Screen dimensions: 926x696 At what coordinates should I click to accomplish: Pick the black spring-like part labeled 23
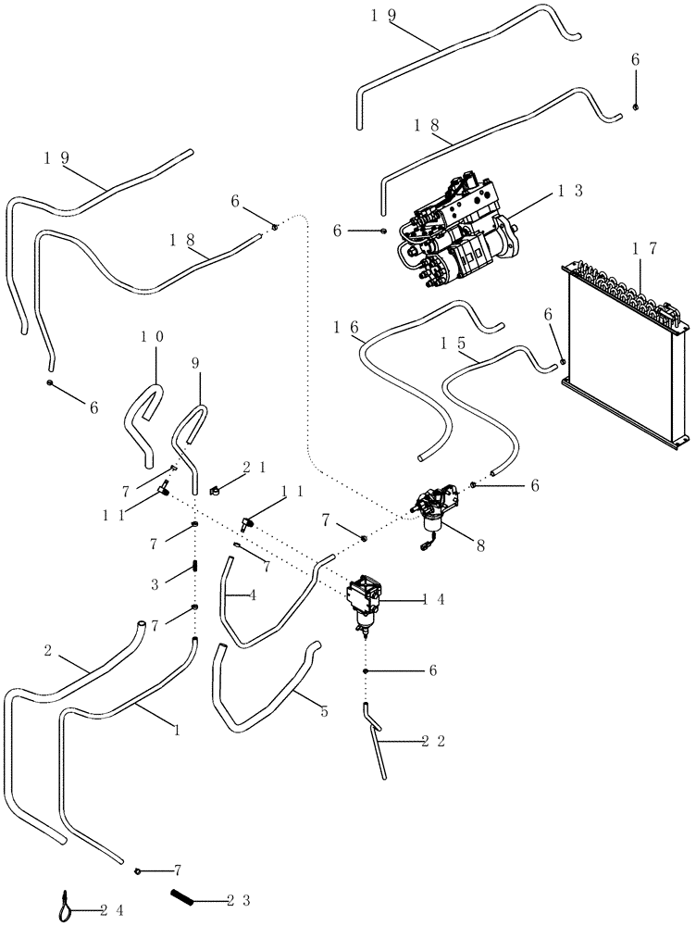[x=183, y=896]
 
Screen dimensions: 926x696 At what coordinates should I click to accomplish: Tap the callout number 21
[x=255, y=468]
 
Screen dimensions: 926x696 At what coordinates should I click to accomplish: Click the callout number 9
[x=194, y=364]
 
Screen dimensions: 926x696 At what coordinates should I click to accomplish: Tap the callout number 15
[x=454, y=342]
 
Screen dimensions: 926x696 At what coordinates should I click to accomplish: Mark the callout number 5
[x=325, y=711]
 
